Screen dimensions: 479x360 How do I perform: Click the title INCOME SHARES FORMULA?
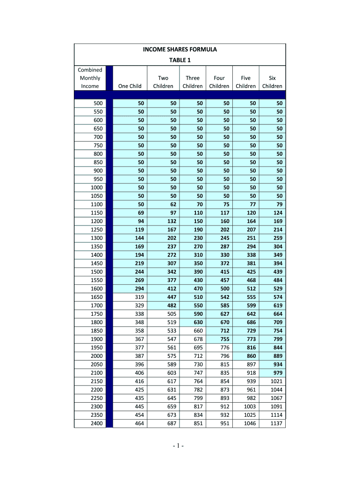[180, 49]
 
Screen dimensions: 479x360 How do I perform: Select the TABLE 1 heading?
[180, 60]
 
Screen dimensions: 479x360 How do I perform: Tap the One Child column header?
[130, 86]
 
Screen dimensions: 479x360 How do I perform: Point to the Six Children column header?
[272, 82]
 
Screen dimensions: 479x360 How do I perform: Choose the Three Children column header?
[193, 82]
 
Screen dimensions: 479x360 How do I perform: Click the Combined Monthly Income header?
[90, 78]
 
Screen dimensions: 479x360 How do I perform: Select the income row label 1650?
[97, 297]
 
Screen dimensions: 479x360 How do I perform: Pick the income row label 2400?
[97, 423]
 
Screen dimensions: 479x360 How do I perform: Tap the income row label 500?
[98, 103]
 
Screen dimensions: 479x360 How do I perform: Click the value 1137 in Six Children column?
[276, 423]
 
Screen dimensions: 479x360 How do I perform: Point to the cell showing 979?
[278, 373]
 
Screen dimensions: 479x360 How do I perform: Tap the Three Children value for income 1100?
[199, 204]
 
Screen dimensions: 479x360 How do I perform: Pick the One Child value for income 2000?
[138, 356]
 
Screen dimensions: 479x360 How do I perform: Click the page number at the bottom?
[180, 446]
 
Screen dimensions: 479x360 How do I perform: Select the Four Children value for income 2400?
[224, 423]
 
